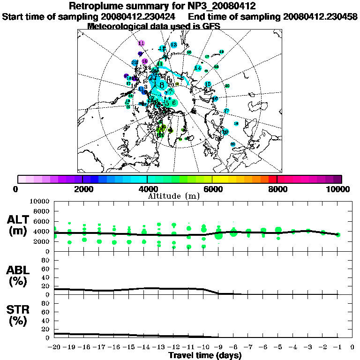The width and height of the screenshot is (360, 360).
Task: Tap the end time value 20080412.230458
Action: [320, 17]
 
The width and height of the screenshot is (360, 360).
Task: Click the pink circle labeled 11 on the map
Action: [142, 43]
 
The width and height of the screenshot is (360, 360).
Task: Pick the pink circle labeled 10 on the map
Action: [145, 61]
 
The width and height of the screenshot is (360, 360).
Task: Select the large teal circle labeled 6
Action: [173, 102]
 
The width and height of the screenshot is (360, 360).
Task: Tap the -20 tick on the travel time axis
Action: [54, 347]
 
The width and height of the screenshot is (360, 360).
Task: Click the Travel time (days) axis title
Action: [205, 355]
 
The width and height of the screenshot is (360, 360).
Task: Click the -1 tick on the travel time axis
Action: [336, 347]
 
